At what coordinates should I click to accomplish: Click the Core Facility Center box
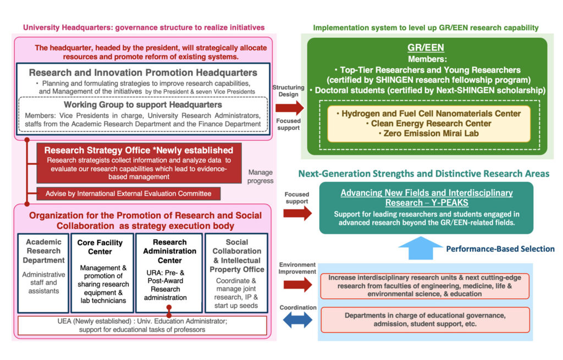coord(102,273)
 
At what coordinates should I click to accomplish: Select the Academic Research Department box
coord(44,273)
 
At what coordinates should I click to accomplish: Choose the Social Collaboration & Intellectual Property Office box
coord(236,273)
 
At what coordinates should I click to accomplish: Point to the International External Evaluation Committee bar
coord(128,193)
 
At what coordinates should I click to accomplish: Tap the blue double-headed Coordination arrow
coord(297,320)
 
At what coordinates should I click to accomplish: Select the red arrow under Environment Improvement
coord(297,284)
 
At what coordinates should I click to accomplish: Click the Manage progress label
coord(260,176)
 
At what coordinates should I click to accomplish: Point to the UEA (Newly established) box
coord(142,325)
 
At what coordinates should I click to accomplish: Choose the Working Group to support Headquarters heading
coord(143,104)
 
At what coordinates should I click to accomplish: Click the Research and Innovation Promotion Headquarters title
coord(143,73)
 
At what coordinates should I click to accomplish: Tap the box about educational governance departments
coord(425,320)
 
